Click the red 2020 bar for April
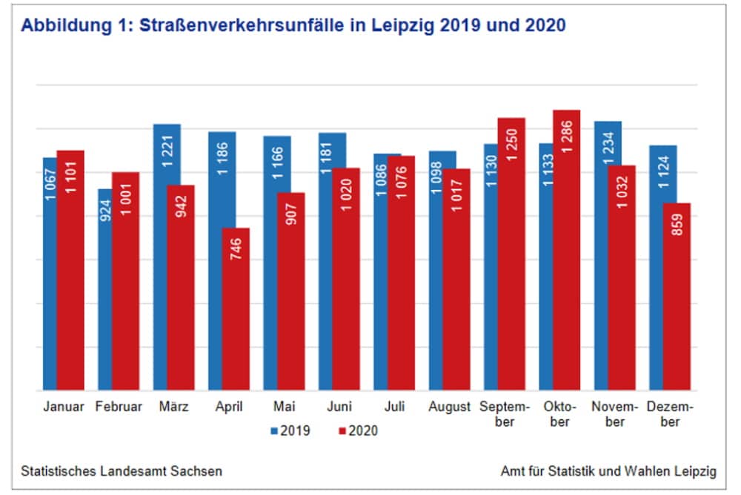tap(236, 309)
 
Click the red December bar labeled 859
tap(677, 296)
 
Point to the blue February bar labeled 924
tap(104, 289)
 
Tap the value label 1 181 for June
tap(326, 155)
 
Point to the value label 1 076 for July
tap(402, 177)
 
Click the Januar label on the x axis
tap(64, 407)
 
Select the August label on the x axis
tap(449, 407)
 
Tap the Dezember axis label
tap(670, 414)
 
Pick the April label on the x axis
tap(229, 407)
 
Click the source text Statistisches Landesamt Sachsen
tap(122, 471)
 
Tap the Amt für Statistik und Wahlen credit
tap(608, 471)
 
